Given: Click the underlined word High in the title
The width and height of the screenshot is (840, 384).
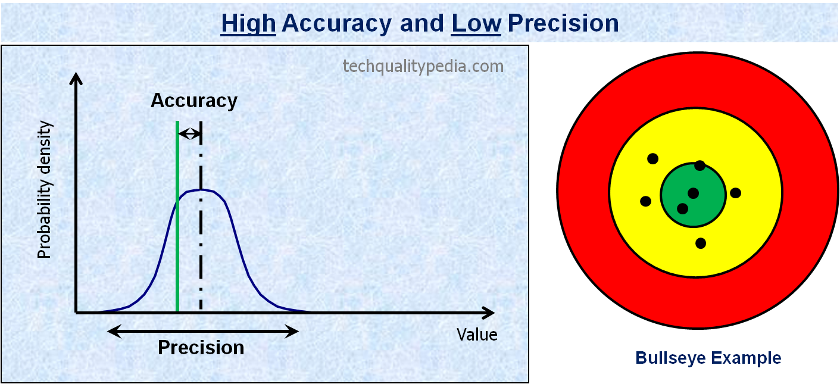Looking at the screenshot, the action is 248,23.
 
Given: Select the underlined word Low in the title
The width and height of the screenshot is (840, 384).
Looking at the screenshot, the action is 476,23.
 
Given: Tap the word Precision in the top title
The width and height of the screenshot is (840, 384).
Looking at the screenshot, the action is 563,23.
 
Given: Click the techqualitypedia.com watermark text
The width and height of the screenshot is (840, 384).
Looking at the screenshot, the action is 423,66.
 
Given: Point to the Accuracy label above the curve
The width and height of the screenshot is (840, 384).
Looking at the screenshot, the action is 194,101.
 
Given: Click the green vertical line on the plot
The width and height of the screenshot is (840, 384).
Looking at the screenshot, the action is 177,216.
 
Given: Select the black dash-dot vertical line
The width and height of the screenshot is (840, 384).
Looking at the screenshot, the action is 201,216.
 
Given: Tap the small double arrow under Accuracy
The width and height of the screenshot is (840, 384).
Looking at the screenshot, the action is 190,133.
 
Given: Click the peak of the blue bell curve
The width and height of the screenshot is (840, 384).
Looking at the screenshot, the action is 201,190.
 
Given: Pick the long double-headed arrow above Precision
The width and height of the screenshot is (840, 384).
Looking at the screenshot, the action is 203,332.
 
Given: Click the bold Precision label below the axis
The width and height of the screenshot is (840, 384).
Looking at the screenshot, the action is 201,348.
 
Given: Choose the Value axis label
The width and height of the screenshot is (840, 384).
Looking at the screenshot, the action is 477,335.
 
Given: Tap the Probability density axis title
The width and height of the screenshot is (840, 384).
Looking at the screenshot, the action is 44,190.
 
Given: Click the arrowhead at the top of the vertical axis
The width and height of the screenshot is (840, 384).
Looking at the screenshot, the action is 76,78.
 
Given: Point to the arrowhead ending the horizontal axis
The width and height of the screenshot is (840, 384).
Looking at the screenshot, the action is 488,313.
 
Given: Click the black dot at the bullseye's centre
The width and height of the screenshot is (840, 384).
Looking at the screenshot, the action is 694,193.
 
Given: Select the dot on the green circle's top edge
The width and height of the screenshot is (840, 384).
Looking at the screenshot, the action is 700,166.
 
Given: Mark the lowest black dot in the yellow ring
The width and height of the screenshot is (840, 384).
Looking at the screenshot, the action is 701,243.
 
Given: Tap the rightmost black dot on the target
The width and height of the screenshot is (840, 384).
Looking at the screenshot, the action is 735,193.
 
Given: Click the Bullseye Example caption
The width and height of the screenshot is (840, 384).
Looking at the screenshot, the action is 708,358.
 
